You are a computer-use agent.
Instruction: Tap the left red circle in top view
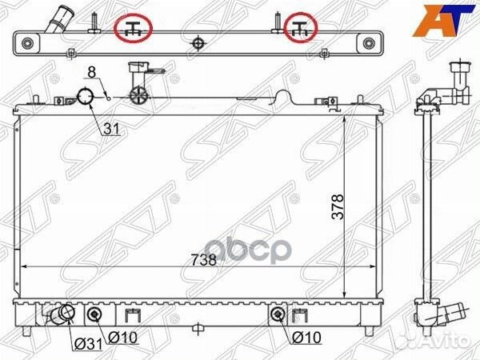[134, 28]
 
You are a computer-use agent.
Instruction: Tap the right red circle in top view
[302, 28]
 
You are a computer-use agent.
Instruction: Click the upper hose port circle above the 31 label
[85, 99]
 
